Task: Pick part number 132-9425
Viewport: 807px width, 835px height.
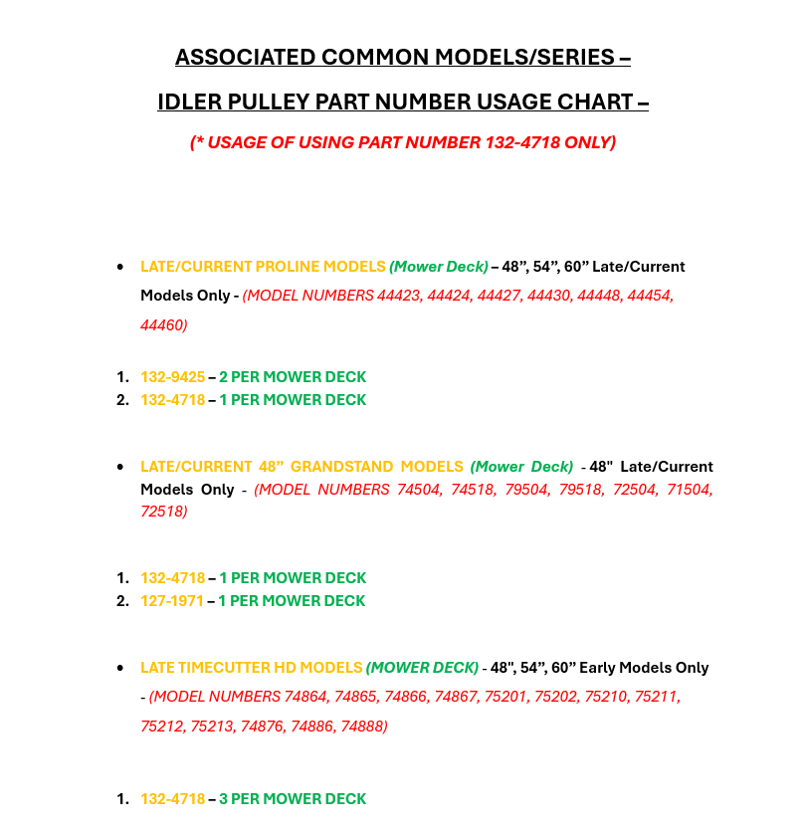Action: click(x=172, y=377)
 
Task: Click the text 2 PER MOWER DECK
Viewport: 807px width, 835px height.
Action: click(x=293, y=377)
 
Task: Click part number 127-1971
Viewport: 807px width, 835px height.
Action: click(x=172, y=601)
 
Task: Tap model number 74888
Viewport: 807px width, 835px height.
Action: click(x=360, y=727)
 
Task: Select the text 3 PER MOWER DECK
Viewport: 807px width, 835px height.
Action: click(x=293, y=799)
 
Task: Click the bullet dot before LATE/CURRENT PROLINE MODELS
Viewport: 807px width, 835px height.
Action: click(x=120, y=267)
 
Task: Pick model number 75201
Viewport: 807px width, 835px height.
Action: click(x=506, y=697)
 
